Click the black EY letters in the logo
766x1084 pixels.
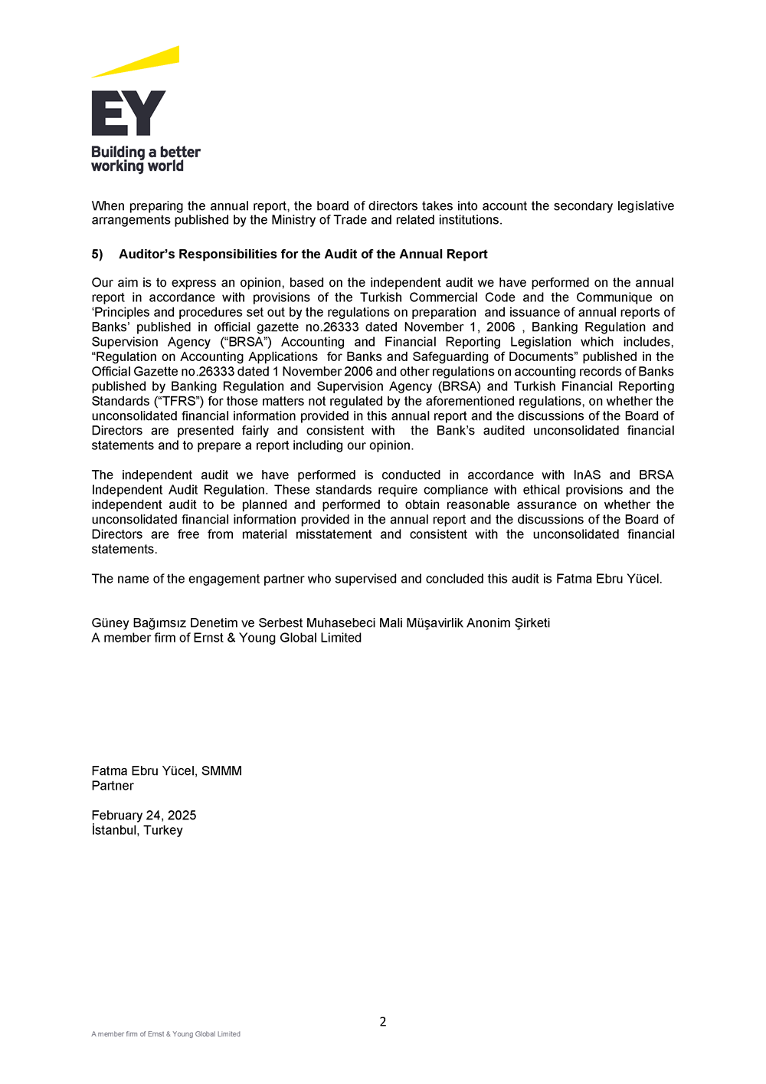128,113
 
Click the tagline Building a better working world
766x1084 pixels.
146,159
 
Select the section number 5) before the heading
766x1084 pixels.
97,255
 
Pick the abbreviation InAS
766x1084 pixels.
587,475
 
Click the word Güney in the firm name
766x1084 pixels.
110,623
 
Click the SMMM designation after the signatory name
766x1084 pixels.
221,771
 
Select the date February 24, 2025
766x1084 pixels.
144,816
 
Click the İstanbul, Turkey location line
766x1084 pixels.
137,830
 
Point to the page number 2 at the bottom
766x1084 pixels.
383,1022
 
